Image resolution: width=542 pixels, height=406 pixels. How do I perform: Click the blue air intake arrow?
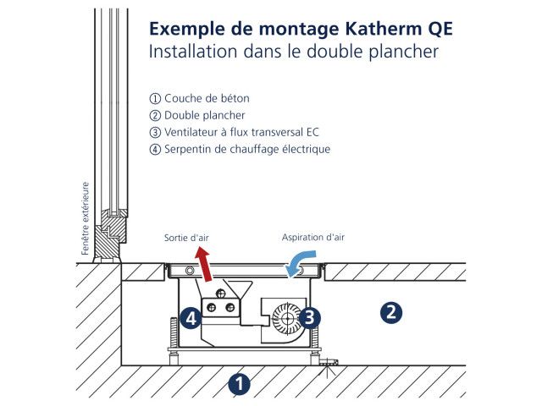pos(297,267)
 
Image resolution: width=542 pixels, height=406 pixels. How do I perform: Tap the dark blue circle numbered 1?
pos(240,384)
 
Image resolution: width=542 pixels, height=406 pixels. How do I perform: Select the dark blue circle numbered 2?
pos(390,312)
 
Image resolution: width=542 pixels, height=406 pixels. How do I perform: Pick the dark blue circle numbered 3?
pos(310,317)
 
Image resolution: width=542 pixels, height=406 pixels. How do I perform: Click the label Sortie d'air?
pos(186,239)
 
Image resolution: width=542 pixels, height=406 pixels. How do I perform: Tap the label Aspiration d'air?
pos(313,238)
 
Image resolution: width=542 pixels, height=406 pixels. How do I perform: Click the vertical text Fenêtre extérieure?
pos(86,218)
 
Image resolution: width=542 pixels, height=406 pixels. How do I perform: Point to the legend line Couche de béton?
pos(207,99)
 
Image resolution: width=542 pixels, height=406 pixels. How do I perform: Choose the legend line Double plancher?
pos(204,116)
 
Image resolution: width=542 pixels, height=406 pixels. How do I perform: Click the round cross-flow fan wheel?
pos(287,318)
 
